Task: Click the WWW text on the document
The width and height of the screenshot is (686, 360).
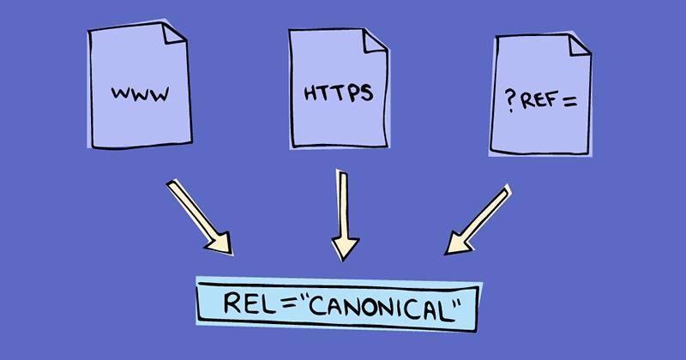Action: (138, 93)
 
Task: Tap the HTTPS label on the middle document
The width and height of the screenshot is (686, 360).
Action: (339, 93)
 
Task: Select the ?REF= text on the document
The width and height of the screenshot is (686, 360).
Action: (539, 99)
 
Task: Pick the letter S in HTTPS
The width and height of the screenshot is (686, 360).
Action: (367, 92)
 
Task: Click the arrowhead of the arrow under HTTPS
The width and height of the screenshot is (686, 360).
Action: (346, 248)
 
